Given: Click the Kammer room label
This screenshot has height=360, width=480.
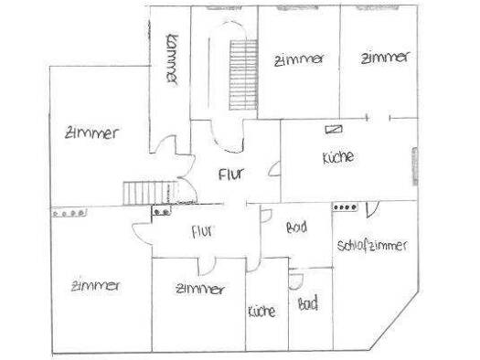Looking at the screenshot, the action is coord(172,59).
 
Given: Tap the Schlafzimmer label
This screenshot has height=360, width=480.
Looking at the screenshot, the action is coord(372,246).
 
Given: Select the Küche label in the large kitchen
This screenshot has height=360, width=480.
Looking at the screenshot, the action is coord(338,157).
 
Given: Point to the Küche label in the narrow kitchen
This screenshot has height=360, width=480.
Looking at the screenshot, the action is coord(261,312).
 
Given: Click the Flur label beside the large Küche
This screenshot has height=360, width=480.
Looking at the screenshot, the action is coord(231,174).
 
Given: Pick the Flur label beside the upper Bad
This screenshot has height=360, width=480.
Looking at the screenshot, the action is coord(202,231).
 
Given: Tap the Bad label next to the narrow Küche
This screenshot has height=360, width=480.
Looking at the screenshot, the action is coord(307,303).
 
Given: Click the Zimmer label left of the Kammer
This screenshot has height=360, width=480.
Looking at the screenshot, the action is coord(91,133).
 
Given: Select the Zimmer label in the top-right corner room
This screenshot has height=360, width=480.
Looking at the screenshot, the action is coord(385,58).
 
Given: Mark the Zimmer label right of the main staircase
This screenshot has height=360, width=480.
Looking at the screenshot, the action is coord(299,59).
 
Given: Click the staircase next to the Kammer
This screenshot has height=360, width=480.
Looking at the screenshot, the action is coord(243,75).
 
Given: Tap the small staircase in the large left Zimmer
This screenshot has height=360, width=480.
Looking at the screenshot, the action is coord(151,193).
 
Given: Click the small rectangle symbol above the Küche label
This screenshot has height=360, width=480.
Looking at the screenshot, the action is coord(334,130).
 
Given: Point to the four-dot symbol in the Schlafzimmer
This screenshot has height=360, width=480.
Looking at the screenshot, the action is coord(346,207).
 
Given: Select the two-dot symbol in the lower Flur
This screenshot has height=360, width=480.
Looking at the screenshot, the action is coord(162,211).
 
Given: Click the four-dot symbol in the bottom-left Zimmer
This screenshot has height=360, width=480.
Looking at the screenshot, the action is coord(69,213).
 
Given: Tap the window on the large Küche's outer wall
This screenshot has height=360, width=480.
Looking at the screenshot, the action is coord(415,166).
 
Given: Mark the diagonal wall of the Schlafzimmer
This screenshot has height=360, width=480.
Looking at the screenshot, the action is coord(393,320).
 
